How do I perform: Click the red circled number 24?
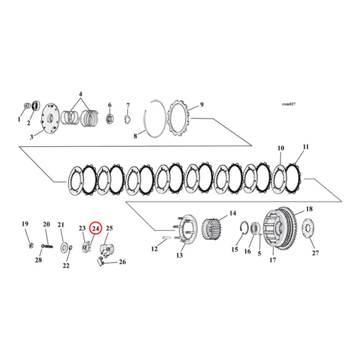click(x=95, y=229)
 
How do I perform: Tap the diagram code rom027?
click(x=288, y=103)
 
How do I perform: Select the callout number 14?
click(x=233, y=213)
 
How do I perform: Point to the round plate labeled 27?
click(x=309, y=231)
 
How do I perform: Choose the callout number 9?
click(x=202, y=104)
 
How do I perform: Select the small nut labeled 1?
click(x=26, y=106)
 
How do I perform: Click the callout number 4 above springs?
click(x=81, y=94)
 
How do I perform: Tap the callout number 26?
click(x=122, y=262)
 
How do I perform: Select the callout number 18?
click(x=309, y=209)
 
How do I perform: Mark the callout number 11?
click(x=306, y=147)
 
